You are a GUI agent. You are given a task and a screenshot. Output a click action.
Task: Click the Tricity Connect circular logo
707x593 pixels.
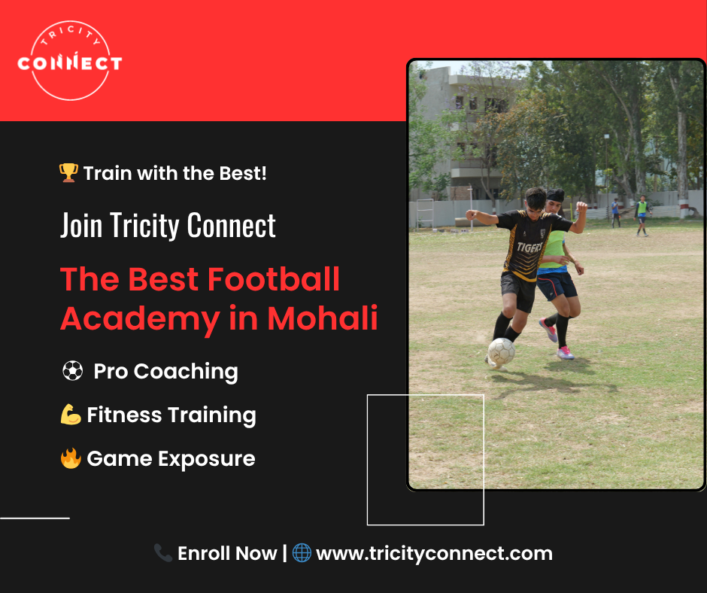pyautogui.click(x=70, y=60)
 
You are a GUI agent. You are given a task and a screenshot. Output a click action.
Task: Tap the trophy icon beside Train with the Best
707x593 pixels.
pyautogui.click(x=68, y=173)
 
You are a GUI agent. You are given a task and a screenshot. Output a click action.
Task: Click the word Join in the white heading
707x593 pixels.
pyautogui.click(x=81, y=226)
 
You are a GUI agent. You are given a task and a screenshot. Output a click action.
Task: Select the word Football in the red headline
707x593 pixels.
pyautogui.click(x=273, y=279)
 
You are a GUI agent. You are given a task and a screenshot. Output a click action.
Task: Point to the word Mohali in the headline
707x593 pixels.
pyautogui.click(x=323, y=318)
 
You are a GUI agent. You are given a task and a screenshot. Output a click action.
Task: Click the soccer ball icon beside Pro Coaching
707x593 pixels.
pyautogui.click(x=73, y=371)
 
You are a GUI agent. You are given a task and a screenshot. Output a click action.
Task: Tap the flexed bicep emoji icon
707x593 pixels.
pyautogui.click(x=71, y=415)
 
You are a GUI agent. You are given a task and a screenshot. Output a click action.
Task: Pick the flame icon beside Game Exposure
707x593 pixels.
pyautogui.click(x=71, y=458)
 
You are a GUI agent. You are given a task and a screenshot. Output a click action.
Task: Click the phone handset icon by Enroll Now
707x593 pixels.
pyautogui.click(x=163, y=553)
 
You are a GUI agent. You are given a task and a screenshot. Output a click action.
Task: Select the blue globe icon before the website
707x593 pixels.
pyautogui.click(x=302, y=553)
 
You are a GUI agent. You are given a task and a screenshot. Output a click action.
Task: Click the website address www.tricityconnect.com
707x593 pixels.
pyautogui.click(x=434, y=554)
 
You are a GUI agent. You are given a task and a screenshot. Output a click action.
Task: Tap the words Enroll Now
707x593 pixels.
pyautogui.click(x=227, y=553)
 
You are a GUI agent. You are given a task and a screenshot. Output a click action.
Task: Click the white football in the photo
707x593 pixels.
pyautogui.click(x=502, y=351)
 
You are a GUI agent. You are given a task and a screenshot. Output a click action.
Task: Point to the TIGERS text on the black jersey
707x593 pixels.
pyautogui.click(x=529, y=248)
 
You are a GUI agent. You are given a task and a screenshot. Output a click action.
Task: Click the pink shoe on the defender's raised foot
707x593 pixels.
pyautogui.click(x=548, y=330)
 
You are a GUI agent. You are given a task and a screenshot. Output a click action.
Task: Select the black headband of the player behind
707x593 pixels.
pyautogui.click(x=555, y=196)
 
